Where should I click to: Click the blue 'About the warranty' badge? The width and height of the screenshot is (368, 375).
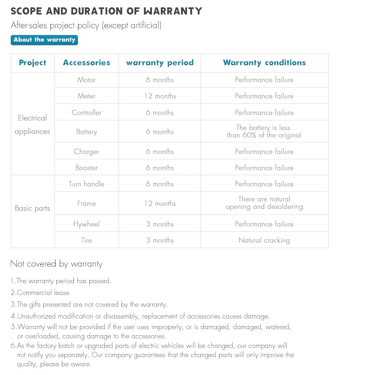click(44, 40)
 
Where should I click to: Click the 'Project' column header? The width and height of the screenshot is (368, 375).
click(33, 63)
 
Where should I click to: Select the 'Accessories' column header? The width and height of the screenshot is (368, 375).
click(86, 63)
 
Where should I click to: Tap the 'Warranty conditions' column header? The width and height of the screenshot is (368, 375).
click(264, 63)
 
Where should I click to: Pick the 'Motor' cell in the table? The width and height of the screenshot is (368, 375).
click(86, 80)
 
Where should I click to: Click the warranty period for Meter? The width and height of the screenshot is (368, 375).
click(160, 96)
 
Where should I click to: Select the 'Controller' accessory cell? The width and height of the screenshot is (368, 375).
click(86, 113)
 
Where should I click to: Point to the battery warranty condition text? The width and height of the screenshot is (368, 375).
click(264, 131)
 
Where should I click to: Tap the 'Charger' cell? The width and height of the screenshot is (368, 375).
click(86, 152)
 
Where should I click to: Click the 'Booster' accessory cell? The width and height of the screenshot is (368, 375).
click(86, 168)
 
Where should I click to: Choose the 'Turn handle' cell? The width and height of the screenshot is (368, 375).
click(86, 184)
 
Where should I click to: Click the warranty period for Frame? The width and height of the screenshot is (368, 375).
click(160, 204)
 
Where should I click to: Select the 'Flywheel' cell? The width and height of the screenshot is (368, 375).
click(86, 224)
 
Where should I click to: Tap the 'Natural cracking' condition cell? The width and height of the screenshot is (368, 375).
click(264, 240)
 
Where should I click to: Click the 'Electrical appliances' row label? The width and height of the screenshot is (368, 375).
click(32, 125)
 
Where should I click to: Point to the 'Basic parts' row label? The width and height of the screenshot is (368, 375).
click(32, 208)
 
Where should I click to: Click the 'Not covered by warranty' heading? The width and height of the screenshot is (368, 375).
click(56, 264)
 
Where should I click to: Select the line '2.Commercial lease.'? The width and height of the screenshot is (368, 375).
click(40, 293)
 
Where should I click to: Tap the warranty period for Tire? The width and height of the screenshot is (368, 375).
click(160, 240)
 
